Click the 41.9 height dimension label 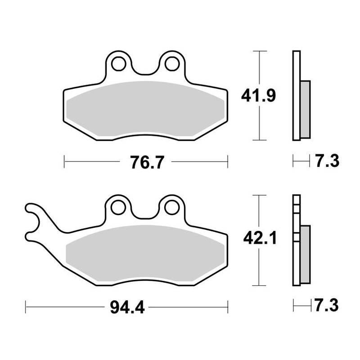[x=258, y=95]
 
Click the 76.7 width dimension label [x=147, y=162]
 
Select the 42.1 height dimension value [x=260, y=238]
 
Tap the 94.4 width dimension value [x=127, y=307]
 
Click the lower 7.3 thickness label [x=326, y=306]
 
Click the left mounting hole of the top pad [x=118, y=63]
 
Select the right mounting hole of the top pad [x=172, y=63]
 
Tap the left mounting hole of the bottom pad [x=118, y=207]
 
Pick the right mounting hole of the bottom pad [x=171, y=207]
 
